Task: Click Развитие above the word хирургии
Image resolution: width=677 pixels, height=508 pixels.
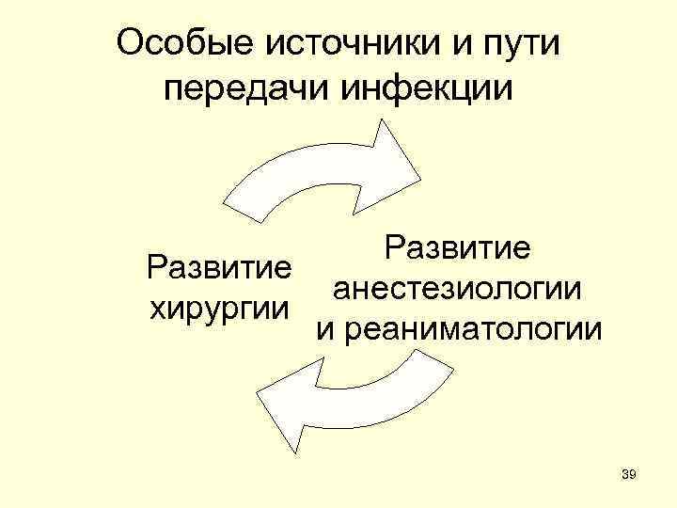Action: tap(216, 266)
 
